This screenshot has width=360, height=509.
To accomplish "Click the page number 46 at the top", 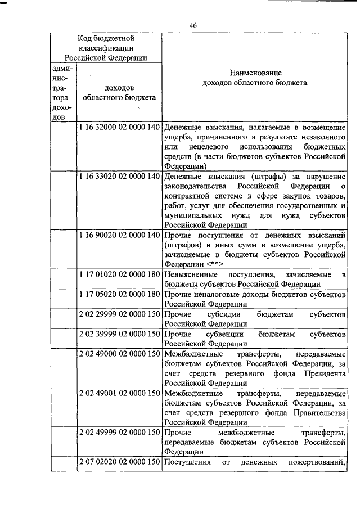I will point(193,26).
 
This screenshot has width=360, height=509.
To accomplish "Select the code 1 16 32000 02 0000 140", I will point(120,127).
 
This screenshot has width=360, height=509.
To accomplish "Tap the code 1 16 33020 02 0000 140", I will point(120,177).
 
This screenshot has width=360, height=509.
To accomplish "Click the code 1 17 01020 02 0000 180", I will point(120,274).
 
